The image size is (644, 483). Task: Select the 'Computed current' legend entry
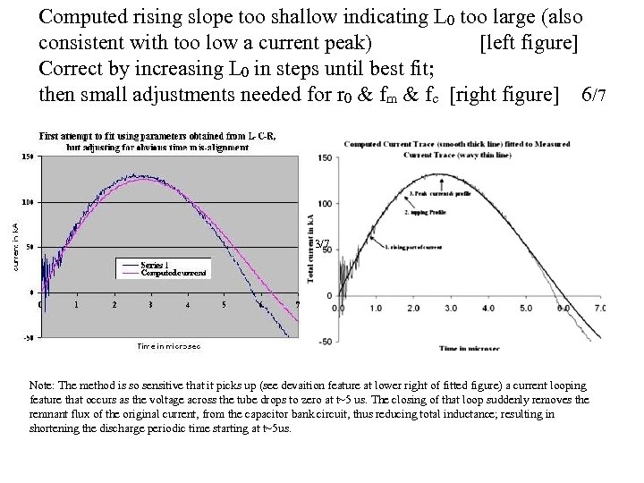point(174,272)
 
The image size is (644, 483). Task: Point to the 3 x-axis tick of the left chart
point(151,304)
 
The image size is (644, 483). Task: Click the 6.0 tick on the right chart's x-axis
point(563,308)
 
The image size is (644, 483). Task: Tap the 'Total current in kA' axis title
point(309,250)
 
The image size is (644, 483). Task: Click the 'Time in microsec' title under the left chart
point(168,346)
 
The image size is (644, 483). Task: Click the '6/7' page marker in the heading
point(594,95)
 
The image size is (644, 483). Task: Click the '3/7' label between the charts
point(323,244)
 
